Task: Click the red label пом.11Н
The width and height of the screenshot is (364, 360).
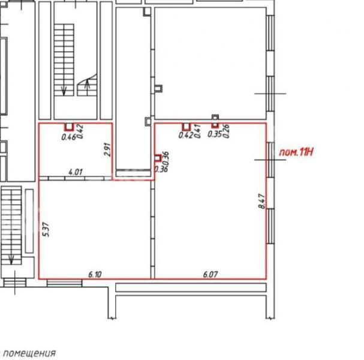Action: point(296,152)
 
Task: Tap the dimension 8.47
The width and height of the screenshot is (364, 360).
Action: point(261,202)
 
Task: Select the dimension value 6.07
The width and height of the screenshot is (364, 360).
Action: point(210,275)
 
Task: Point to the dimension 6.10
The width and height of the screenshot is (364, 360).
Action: point(95,275)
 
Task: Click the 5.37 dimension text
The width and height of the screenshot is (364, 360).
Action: point(46,229)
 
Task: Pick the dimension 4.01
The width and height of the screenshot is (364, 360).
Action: point(76,172)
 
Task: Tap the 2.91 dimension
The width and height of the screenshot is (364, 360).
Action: point(107,149)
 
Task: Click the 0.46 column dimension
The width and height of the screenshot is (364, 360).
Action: point(69,137)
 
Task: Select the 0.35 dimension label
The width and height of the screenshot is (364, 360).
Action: point(215,134)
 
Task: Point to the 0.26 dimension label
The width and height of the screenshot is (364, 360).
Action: point(226,131)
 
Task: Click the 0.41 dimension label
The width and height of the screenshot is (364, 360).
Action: point(197,131)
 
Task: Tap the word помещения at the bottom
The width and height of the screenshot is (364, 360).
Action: point(29,354)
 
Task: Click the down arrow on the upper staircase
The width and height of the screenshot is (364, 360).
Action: point(64,91)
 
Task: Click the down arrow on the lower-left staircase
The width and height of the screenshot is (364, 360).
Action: point(11,260)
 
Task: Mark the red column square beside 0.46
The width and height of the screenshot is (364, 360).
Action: point(69,127)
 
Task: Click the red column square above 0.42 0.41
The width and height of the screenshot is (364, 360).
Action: point(186,127)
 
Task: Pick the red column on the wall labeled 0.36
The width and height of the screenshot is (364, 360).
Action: point(158,158)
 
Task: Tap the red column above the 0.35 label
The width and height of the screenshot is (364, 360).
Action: point(215,125)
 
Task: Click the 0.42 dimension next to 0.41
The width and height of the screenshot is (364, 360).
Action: point(186,135)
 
